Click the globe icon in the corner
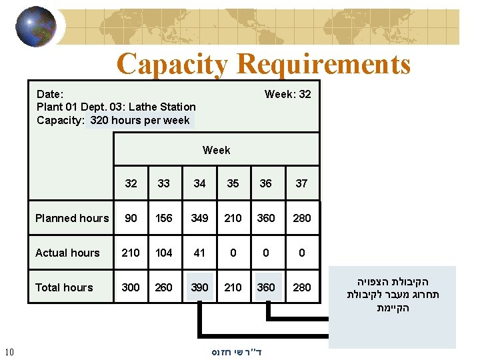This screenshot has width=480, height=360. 36,26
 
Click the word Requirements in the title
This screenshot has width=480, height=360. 323,65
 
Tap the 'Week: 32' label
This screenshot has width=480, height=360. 287,94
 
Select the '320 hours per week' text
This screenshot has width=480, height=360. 140,121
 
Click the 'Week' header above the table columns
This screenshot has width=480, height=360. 216,150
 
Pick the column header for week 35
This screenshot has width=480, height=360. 233,183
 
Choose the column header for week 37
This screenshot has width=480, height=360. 301,183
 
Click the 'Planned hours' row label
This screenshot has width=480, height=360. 71,218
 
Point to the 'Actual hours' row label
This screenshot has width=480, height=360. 67,253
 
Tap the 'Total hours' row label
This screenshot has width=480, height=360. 64,287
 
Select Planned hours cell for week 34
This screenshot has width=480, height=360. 199,218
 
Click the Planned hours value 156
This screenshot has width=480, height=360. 163,218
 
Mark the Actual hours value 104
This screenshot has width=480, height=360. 163,253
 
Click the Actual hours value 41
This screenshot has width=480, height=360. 199,253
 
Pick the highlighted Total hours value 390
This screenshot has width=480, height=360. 199,287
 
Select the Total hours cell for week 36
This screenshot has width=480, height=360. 266,287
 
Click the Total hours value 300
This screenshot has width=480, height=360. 131,287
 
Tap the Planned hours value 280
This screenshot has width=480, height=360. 302,218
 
